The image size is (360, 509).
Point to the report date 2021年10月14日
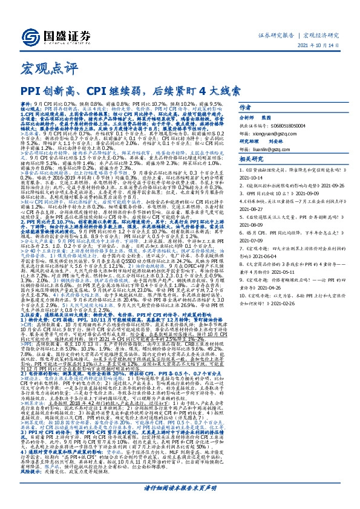318,47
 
